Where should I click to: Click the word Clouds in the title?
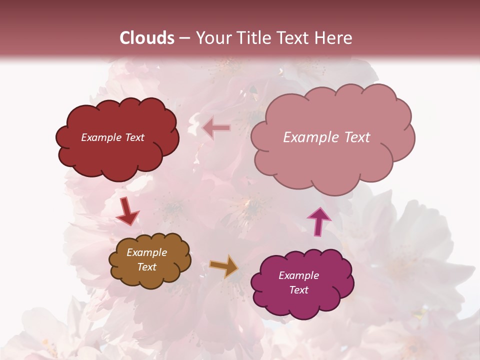coord(147,38)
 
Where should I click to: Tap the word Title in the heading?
coord(253,38)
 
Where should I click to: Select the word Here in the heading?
coord(333,38)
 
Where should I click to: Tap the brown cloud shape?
coord(150,280)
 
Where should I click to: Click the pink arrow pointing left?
coord(216,128)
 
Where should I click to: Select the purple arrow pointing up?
coord(318,221)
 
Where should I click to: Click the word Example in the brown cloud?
coord(147,252)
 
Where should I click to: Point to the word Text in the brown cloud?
coord(147,267)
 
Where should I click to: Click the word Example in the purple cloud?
coord(298,275)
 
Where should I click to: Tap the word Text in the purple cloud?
coord(298,290)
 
